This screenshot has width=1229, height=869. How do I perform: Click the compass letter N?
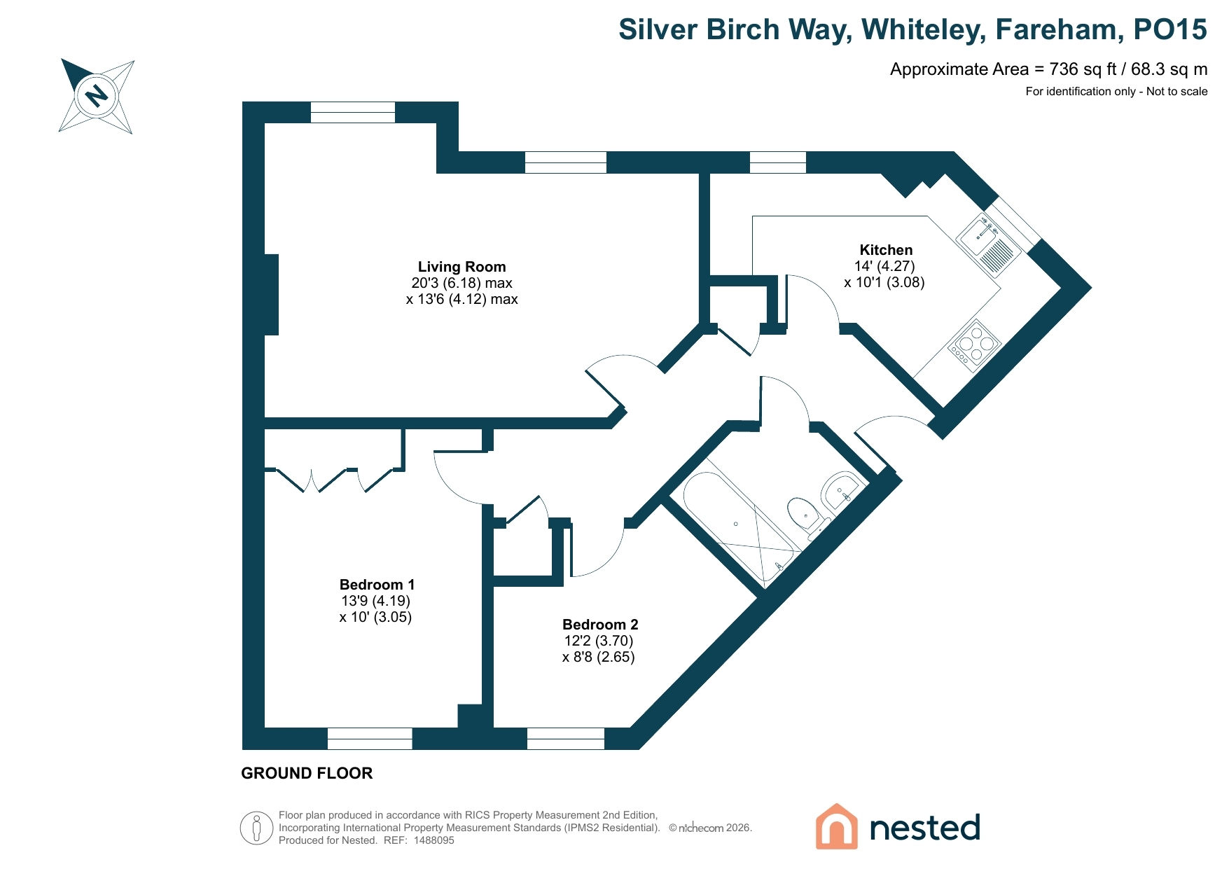point(97,94)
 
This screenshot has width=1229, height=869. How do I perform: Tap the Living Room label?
point(461,267)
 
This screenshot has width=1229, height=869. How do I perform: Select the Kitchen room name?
point(886,250)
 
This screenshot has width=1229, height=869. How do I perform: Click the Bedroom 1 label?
point(377,585)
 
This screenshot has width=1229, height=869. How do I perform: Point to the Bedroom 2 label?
point(600,625)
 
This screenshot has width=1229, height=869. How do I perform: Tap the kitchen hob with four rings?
point(974,344)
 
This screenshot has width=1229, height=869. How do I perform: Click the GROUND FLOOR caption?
point(307,773)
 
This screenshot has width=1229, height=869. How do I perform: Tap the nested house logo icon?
point(836,826)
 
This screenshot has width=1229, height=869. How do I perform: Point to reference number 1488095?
point(434,840)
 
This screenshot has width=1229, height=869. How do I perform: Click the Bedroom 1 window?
point(370,739)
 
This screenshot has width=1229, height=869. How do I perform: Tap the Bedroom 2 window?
point(565,739)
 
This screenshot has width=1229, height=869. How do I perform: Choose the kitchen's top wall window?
point(777,162)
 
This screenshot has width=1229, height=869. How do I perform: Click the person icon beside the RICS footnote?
point(256,828)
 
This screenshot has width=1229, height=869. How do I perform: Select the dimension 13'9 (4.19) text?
point(375,601)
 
